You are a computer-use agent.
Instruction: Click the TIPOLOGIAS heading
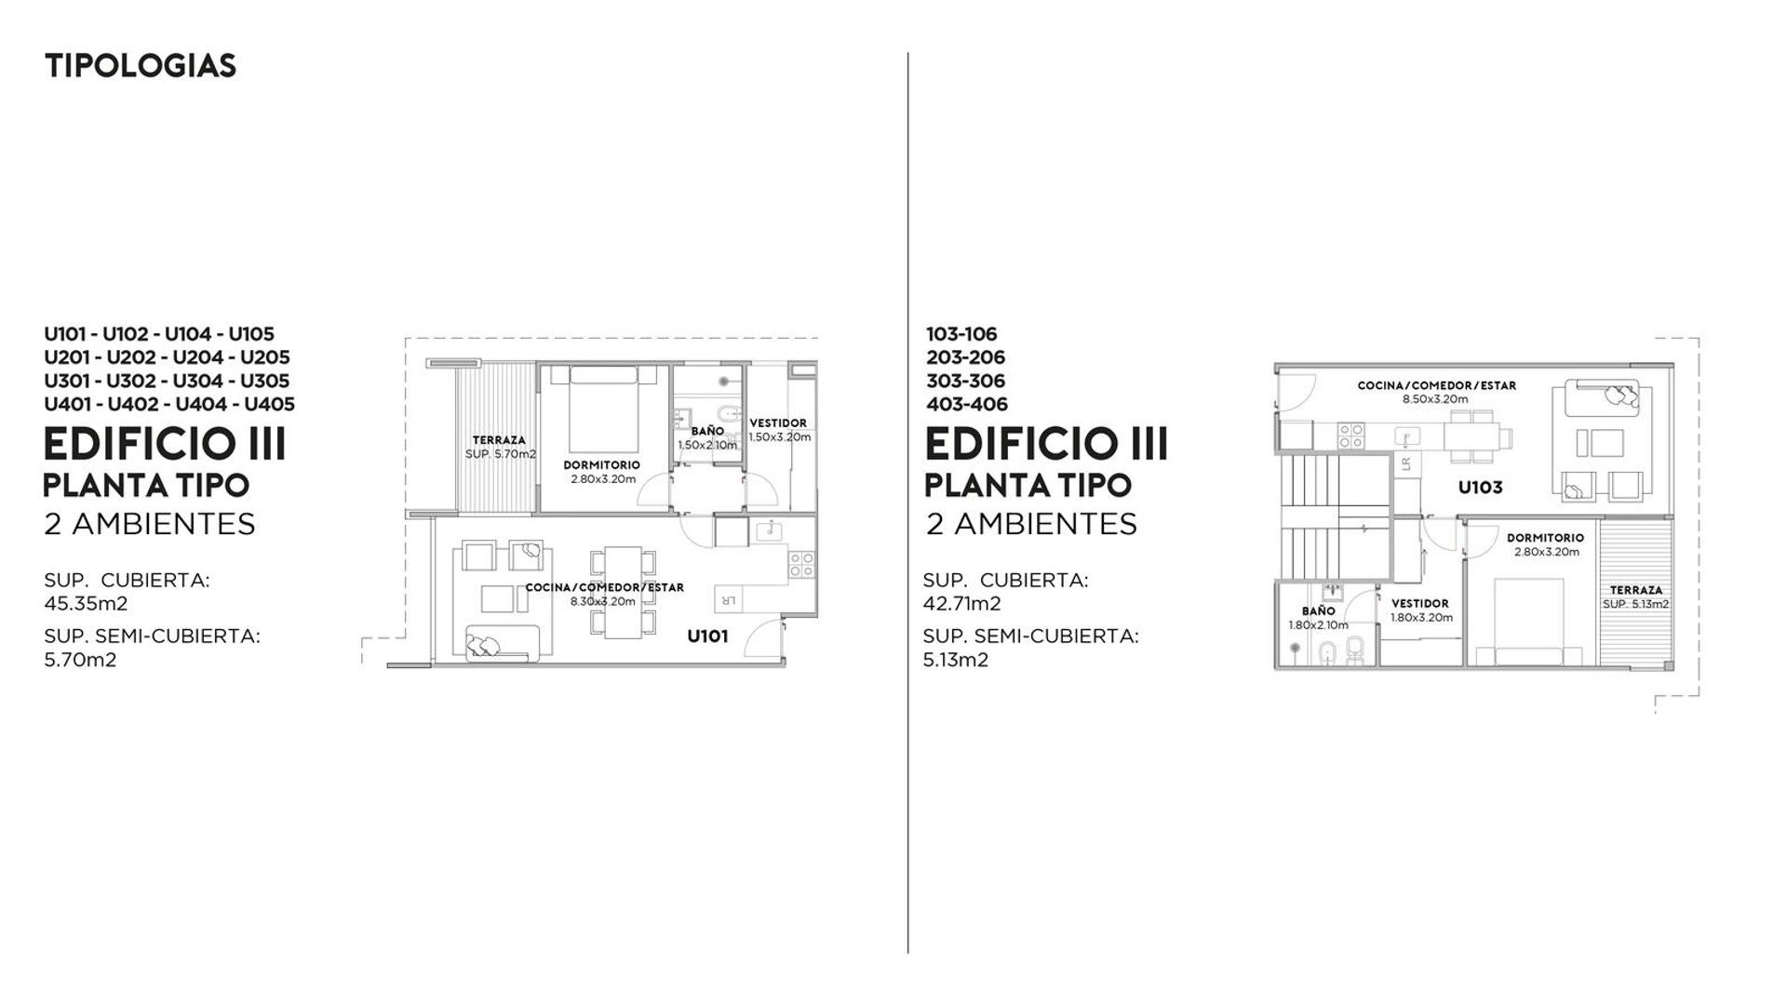pos(141,66)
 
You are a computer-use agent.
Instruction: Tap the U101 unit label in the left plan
pos(707,636)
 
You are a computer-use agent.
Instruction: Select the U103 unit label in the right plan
pos(1480,488)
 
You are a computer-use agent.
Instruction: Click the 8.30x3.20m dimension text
pos(603,601)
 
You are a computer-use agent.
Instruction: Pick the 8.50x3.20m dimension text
pos(1436,399)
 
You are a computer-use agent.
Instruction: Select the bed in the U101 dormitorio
pos(603,409)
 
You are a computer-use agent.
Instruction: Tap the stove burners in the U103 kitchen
pos(1350,436)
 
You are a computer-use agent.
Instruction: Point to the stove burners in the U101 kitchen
pos(801,564)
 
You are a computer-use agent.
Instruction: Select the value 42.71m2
pos(962,603)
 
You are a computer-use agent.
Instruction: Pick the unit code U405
pos(269,404)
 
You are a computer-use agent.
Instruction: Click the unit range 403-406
pos(967,404)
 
